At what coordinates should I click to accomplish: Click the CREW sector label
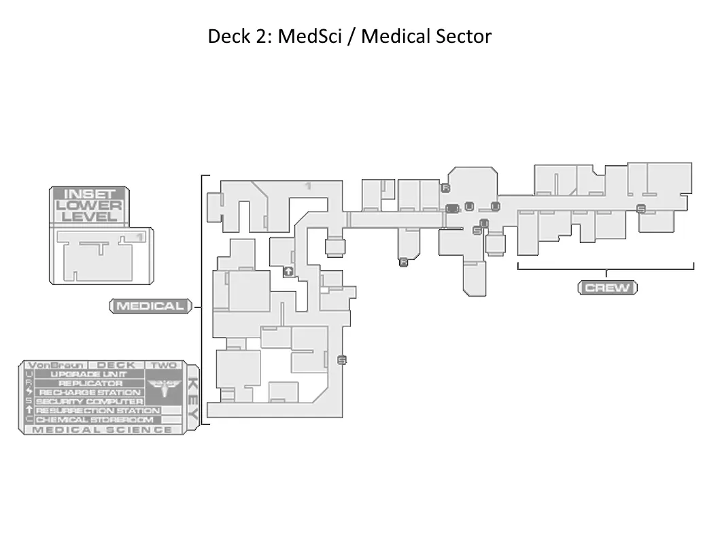point(608,288)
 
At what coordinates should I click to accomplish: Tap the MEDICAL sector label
point(150,306)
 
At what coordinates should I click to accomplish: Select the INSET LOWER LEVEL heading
point(89,205)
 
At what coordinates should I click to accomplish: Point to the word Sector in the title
point(460,36)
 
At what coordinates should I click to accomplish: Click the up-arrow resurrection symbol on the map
point(288,271)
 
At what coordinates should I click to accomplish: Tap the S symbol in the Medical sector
point(341,360)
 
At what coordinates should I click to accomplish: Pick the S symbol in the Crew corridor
point(640,209)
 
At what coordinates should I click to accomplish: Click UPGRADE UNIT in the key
point(89,374)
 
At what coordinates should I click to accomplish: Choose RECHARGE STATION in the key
point(89,392)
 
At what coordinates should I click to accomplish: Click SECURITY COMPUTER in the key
point(89,401)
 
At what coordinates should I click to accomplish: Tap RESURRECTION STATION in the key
point(97,411)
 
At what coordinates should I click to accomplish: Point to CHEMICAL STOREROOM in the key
point(94,420)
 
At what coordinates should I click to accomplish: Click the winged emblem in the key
point(163,388)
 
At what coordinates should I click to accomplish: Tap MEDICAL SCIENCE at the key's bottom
point(102,429)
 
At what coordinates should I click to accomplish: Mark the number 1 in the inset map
point(139,237)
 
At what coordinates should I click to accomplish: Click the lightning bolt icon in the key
point(29,392)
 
